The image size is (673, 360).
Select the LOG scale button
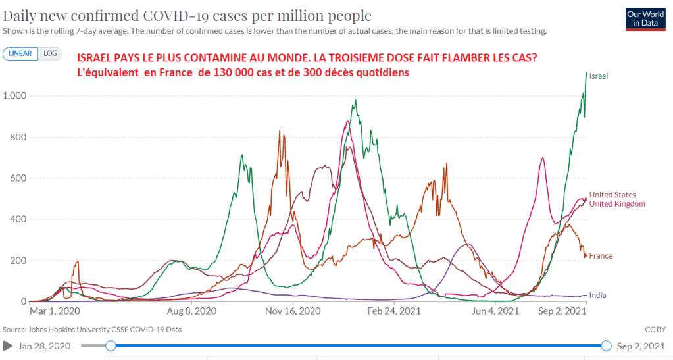coord(49,53)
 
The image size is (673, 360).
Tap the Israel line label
coord(599,76)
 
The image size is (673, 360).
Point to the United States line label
coord(612,195)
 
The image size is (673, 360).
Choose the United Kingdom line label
coord(617,204)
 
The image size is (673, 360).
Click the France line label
coord(601,255)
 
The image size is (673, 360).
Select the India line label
coord(598,296)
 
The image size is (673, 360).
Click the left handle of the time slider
coord(111,346)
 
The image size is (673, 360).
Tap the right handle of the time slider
coord(606,346)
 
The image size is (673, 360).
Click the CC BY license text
coord(659,329)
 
